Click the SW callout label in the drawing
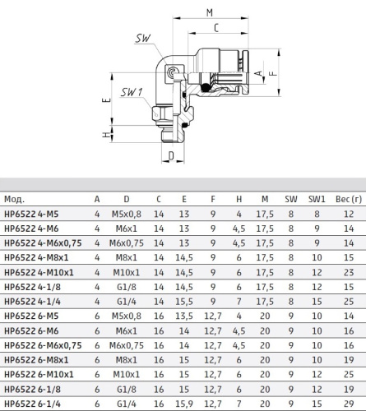tap(143, 39)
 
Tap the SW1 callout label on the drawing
tap(132, 92)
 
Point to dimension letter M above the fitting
tap(210, 12)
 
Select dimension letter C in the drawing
tap(216, 28)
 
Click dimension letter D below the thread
tap(171, 155)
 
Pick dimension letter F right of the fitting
tap(273, 73)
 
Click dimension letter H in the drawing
tap(106, 135)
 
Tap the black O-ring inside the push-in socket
tap(205, 87)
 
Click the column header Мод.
tap(14, 199)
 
